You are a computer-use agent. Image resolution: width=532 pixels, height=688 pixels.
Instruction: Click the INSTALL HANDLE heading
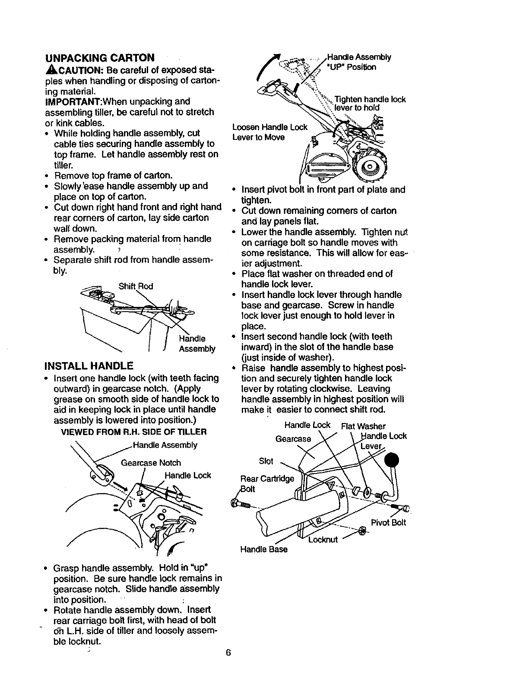click(89, 366)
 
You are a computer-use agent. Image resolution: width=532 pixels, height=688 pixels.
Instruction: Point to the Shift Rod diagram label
click(136, 286)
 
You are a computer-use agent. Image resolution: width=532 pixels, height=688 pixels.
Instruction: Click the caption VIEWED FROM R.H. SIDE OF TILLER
click(134, 432)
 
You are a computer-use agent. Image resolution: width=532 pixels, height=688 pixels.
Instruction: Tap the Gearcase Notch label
click(151, 463)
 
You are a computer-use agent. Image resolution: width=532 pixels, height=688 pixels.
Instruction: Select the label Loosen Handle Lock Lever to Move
click(270, 132)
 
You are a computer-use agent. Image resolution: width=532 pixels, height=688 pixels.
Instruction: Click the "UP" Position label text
click(352, 67)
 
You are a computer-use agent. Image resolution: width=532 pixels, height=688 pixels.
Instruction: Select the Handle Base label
click(263, 549)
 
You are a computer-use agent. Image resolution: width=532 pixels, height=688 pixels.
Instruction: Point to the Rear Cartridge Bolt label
click(267, 483)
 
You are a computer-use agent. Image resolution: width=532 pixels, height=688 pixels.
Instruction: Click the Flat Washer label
click(363, 426)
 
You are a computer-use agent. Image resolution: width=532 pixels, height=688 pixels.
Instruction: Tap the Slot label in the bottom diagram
click(266, 461)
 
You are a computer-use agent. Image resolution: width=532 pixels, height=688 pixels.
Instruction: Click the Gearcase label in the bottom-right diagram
click(293, 439)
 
